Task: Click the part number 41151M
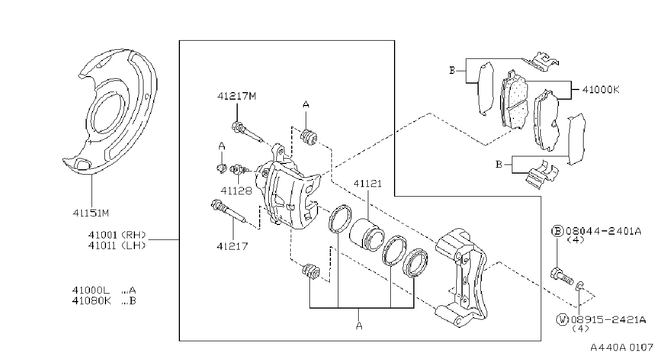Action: click(x=91, y=213)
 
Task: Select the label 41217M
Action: click(x=237, y=96)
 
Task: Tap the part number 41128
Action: click(x=237, y=191)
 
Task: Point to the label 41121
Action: click(x=368, y=184)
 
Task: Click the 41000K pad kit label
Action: click(x=601, y=89)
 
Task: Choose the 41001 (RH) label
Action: click(x=117, y=235)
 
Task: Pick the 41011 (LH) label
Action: click(x=117, y=245)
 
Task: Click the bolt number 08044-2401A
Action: click(x=603, y=231)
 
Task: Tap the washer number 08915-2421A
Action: click(x=608, y=319)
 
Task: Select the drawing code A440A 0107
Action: click(x=622, y=348)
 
